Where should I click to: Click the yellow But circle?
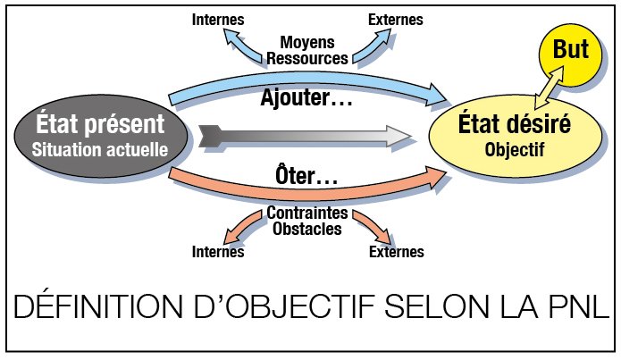click(x=570, y=54)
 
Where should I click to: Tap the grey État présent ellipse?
click(x=101, y=136)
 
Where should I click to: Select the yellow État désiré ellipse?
click(x=516, y=136)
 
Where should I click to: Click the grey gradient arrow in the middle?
click(x=304, y=137)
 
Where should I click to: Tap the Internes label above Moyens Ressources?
click(x=218, y=20)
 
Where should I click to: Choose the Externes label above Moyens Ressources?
click(x=396, y=20)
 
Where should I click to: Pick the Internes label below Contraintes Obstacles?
click(x=218, y=252)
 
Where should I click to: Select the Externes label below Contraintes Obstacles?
click(x=397, y=252)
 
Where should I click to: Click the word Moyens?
click(x=307, y=42)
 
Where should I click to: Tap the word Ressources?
click(x=307, y=58)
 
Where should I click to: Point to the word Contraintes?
click(x=307, y=213)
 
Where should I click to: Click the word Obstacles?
click(x=307, y=229)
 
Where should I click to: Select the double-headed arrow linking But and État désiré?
click(x=549, y=88)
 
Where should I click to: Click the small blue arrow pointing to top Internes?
click(x=240, y=46)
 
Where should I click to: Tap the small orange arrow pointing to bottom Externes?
click(x=373, y=227)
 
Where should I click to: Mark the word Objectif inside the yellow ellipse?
click(x=515, y=149)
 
